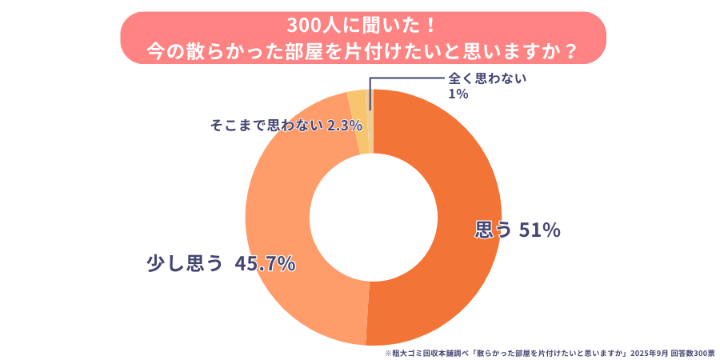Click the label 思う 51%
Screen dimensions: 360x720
point(518,230)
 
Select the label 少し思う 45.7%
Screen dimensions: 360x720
point(221,263)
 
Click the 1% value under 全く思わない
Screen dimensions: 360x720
point(458,94)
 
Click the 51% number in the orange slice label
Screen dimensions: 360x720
point(540,230)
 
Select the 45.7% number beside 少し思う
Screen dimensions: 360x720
point(265,263)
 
